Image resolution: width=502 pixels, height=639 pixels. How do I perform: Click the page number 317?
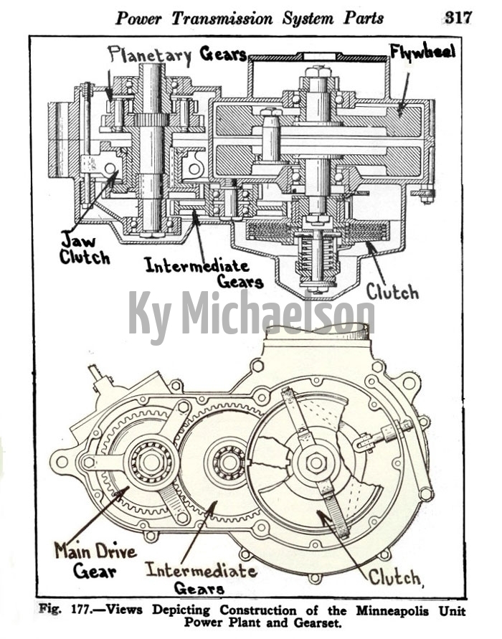coord(458,17)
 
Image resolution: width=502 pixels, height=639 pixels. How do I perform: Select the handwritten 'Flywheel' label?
coord(423,52)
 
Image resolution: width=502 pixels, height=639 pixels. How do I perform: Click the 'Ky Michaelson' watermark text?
coord(250,314)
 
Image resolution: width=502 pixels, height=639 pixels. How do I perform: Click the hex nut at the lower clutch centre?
coord(316,463)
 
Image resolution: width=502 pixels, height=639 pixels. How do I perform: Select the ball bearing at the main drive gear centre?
coord(151,462)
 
